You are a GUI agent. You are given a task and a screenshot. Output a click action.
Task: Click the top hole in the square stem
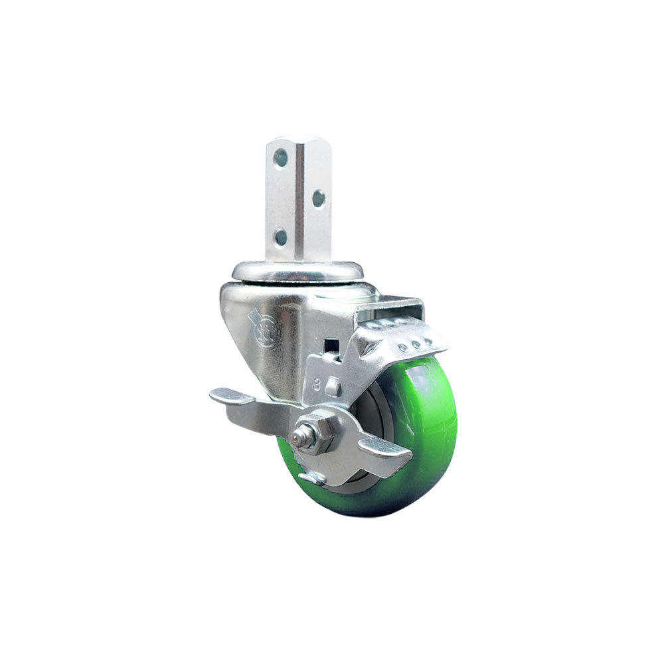(x=281, y=157)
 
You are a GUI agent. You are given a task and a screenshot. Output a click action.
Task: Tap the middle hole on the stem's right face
(x=319, y=198)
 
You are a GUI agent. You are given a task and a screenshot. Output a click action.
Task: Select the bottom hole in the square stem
(x=281, y=236)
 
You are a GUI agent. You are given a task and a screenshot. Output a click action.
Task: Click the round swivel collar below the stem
(x=297, y=270)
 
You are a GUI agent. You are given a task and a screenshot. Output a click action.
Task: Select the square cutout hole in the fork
(x=329, y=346)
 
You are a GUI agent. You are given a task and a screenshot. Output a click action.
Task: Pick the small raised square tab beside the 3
(x=334, y=386)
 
